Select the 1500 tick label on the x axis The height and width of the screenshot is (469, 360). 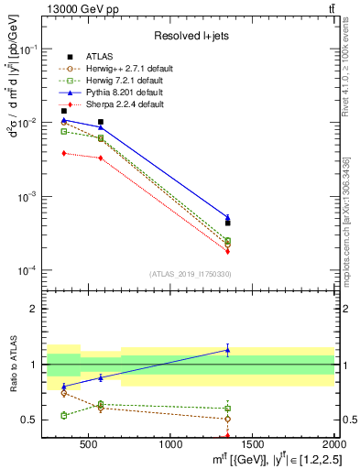[x=253, y=445]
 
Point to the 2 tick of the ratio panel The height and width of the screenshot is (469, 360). [x=36, y=309]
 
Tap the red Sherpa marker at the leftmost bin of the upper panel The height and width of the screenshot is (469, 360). [x=63, y=153]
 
